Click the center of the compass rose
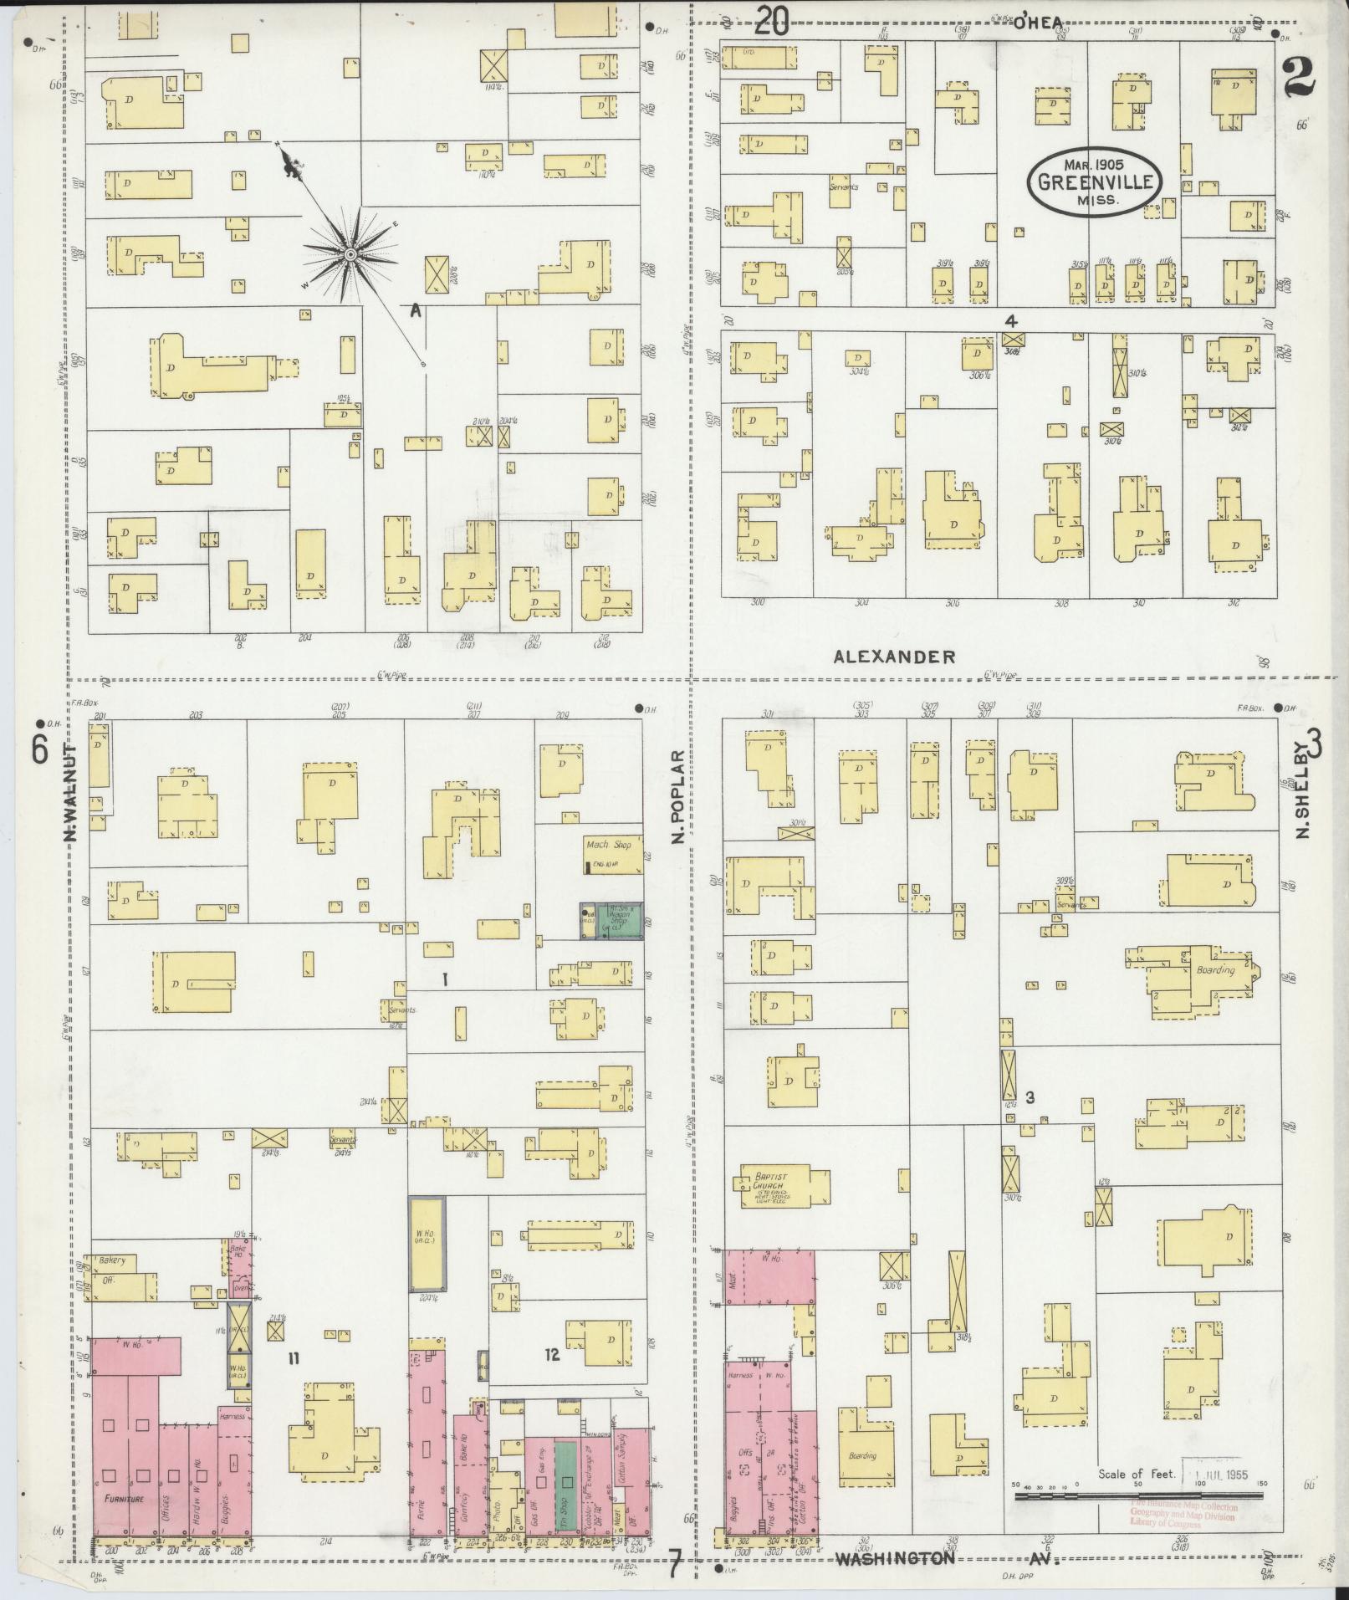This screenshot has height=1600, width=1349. [x=350, y=253]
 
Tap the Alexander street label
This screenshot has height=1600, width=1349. [x=894, y=657]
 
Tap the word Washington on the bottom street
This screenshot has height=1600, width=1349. [x=894, y=1558]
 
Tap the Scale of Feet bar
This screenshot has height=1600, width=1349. [x=1137, y=1494]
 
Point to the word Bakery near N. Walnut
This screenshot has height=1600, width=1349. [x=111, y=1260]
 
